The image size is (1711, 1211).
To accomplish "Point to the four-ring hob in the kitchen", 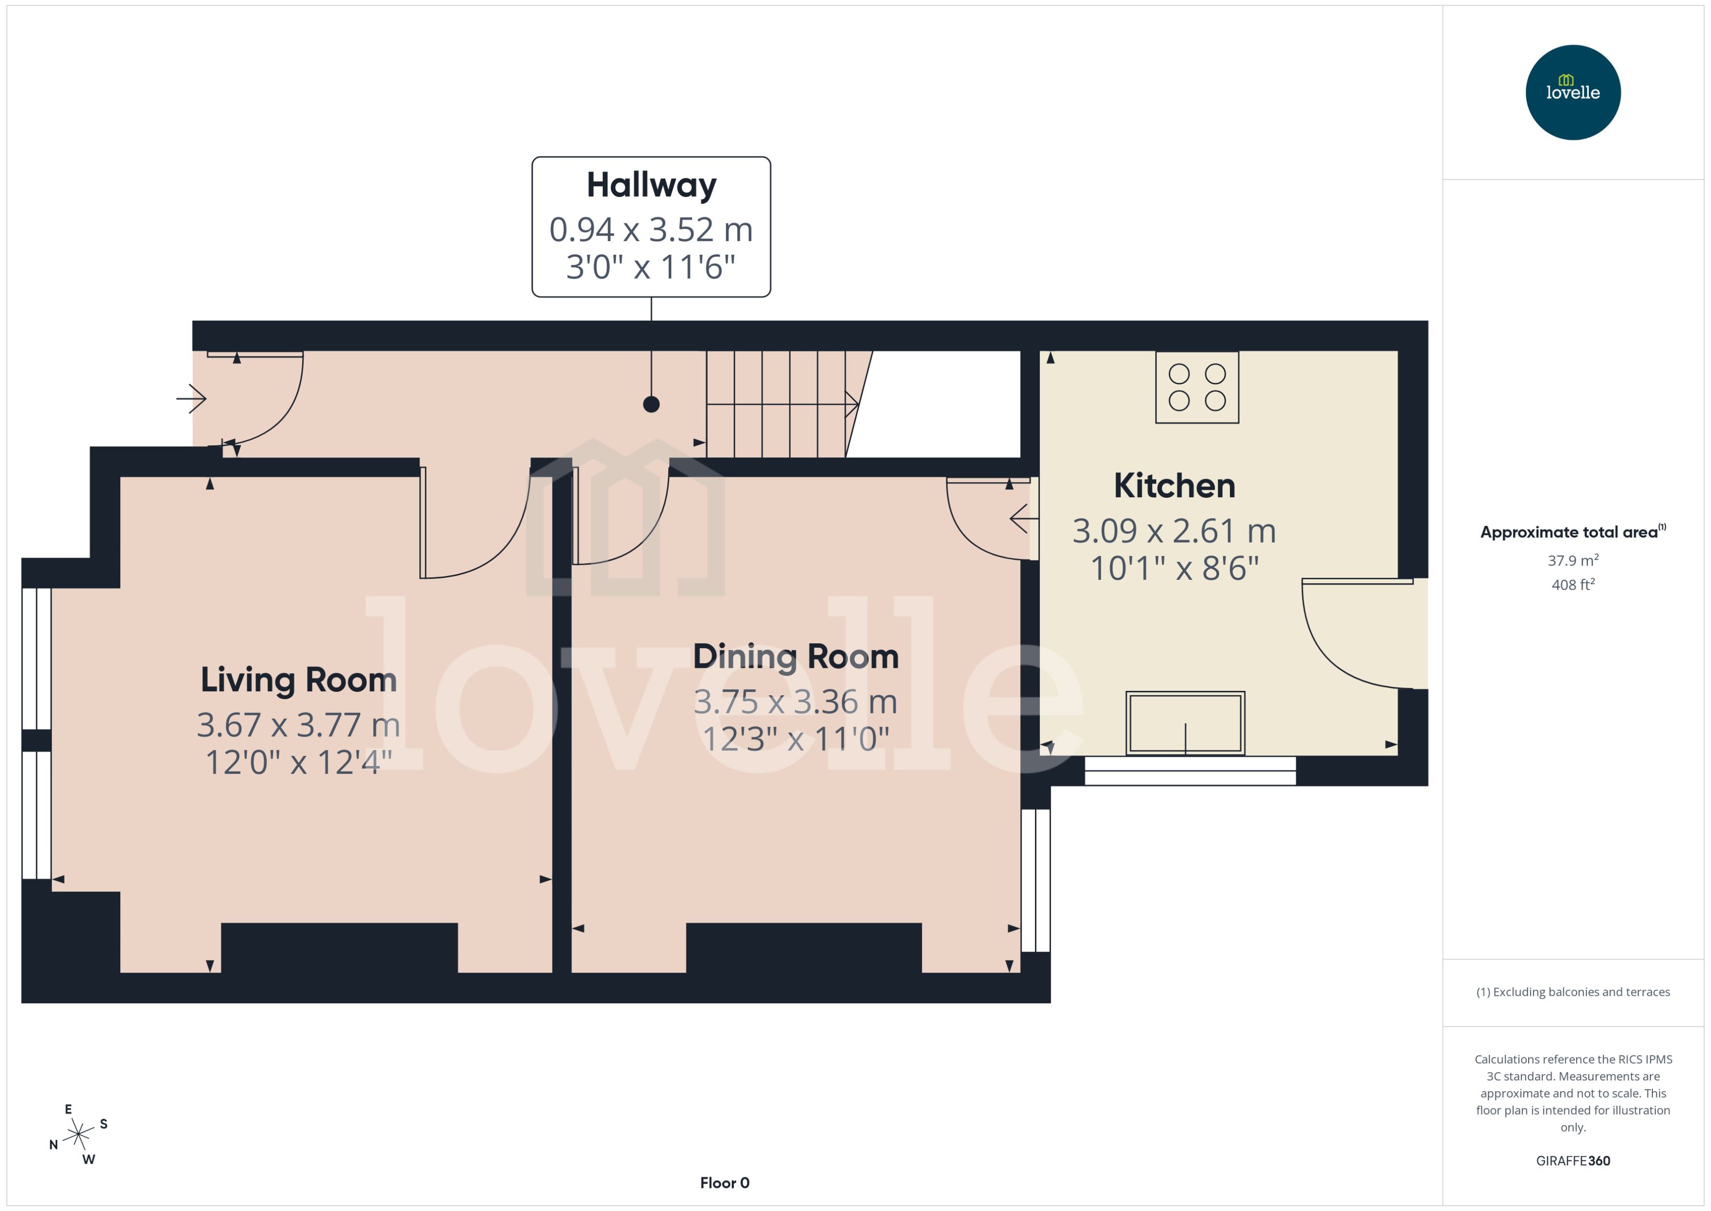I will [1197, 388].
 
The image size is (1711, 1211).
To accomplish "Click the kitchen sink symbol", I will [1185, 723].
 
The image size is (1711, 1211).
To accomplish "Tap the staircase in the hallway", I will [779, 404].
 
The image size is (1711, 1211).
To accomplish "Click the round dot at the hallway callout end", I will [651, 404].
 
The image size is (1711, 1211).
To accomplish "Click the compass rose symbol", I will [78, 1134].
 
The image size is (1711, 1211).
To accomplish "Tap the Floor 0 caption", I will [724, 1183].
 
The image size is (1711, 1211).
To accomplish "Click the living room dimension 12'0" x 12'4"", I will [298, 762].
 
